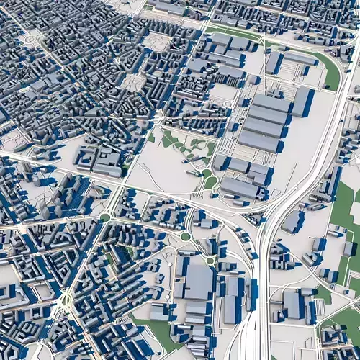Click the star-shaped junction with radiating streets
point(66,298)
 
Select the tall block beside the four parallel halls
point(301,102)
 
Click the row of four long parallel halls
point(263,122)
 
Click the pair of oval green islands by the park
point(209,178)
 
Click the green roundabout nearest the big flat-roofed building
point(210,260)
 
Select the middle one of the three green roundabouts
point(185,236)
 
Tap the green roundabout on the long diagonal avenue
point(105,217)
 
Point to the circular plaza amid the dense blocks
point(132,83)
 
